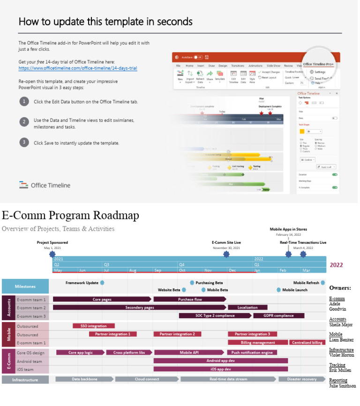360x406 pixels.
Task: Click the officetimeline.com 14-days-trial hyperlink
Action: pyautogui.click(x=78, y=68)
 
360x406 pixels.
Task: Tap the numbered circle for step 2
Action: pyautogui.click(x=24, y=121)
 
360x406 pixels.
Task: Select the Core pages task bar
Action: pyautogui.click(x=102, y=299)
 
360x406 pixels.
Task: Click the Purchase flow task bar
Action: pyautogui.click(x=190, y=299)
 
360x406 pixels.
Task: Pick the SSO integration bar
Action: pyautogui.click(x=93, y=326)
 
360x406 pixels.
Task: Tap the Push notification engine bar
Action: pyautogui.click(x=252, y=353)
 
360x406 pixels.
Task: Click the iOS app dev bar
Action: pyautogui.click(x=220, y=369)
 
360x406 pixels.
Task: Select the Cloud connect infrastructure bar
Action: pyautogui.click(x=147, y=379)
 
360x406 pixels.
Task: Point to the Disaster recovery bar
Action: pyautogui.click(x=301, y=379)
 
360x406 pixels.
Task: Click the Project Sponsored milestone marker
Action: pyautogui.click(x=52, y=254)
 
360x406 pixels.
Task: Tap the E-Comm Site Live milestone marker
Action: pyautogui.click(x=226, y=254)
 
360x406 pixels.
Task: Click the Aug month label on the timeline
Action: pyautogui.click(x=133, y=271)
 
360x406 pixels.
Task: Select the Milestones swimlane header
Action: pyautogui.click(x=25, y=286)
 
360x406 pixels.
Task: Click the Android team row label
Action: pyautogui.click(x=29, y=361)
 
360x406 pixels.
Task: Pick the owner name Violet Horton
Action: pyautogui.click(x=341, y=355)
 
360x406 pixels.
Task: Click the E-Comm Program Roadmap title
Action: pyautogui.click(x=70, y=215)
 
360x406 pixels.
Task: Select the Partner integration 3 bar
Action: pyautogui.click(x=252, y=334)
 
